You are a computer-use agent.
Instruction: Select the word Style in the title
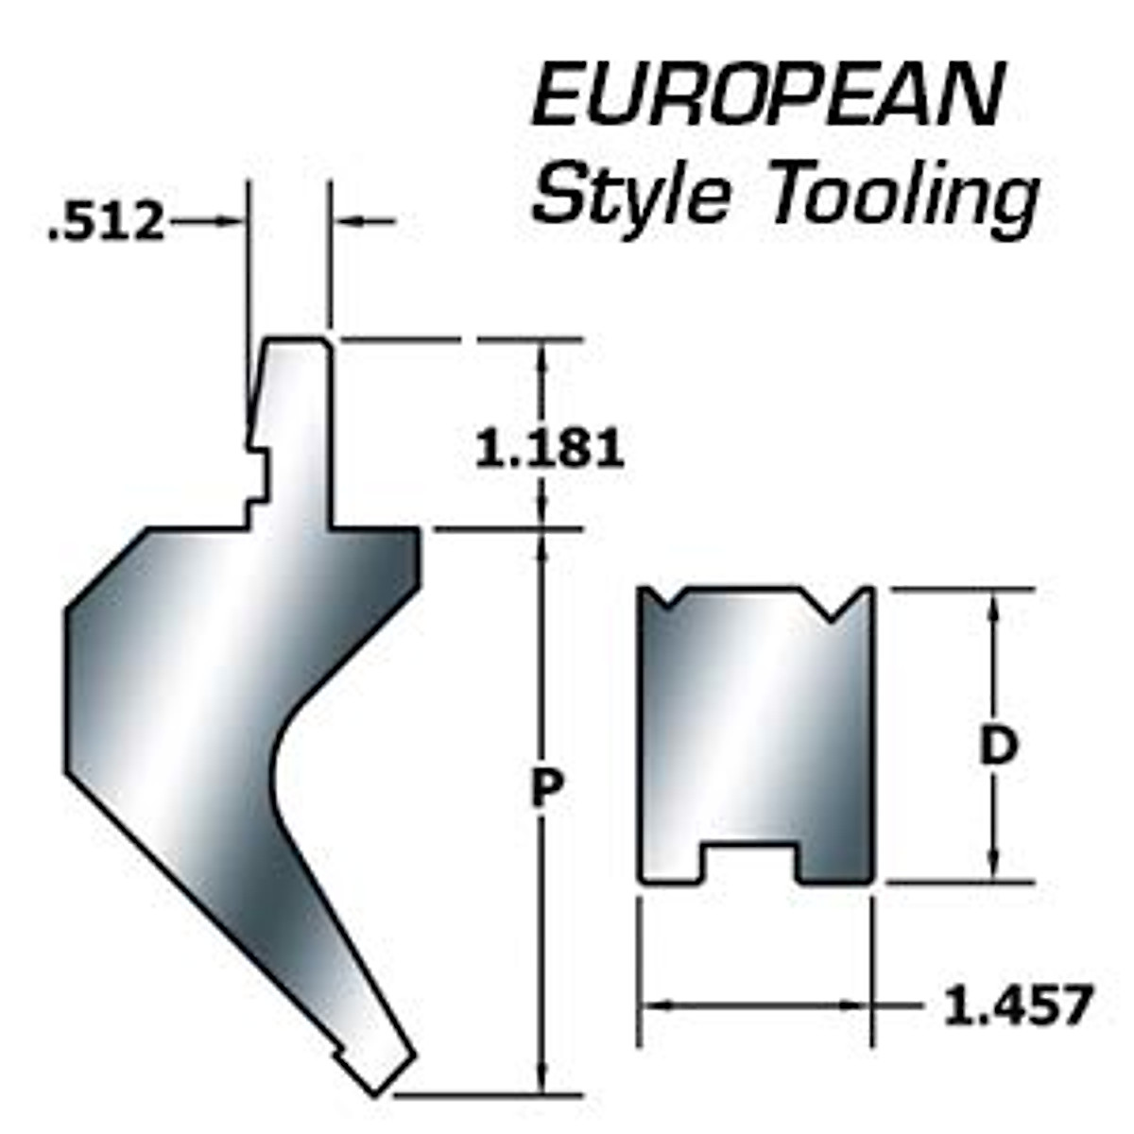[x=631, y=195]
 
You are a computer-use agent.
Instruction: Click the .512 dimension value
[x=106, y=224]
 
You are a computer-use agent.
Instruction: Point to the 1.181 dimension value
[x=549, y=448]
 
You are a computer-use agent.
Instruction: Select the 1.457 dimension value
[x=1018, y=1005]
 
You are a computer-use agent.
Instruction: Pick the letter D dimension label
[x=997, y=747]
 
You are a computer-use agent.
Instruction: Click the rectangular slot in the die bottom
[x=749, y=860]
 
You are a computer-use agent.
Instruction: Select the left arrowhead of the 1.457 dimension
[x=657, y=1005]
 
